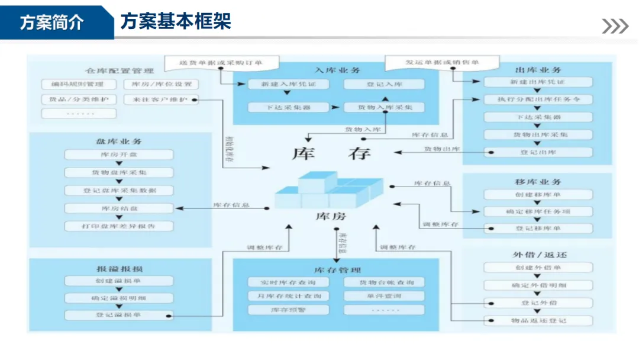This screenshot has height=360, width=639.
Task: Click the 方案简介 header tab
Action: pos(52,22)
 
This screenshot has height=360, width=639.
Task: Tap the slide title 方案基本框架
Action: pos(175,22)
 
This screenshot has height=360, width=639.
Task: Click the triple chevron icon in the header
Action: pos(615,26)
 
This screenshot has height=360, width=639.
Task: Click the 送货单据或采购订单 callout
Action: pos(221,62)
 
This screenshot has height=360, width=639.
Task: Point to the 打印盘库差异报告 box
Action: pos(119,226)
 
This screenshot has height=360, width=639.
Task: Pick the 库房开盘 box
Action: pos(119,155)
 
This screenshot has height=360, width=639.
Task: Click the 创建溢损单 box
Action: pos(119,281)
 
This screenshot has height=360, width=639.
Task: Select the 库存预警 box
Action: pos(288,310)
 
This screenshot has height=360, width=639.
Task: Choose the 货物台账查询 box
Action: pos(383,282)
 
